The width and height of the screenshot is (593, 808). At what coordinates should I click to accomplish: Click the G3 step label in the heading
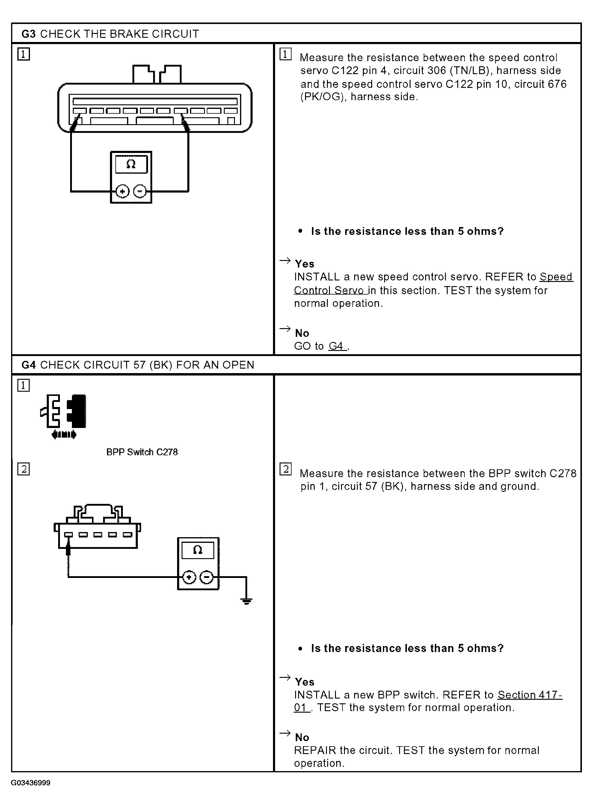(x=28, y=34)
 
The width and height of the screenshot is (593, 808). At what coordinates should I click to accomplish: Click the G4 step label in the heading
(x=28, y=365)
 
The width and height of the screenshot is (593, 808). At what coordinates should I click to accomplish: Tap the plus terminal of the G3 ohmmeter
(x=122, y=191)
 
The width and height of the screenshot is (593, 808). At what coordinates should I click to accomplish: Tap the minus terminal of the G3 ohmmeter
(x=140, y=191)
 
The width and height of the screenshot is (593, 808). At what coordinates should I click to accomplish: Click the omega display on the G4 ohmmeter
(x=198, y=550)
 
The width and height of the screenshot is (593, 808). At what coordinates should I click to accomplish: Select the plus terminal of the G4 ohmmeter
(x=189, y=577)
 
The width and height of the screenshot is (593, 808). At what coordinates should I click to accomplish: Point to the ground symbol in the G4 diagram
(x=246, y=601)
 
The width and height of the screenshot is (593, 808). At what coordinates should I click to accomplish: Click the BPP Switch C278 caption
(x=142, y=452)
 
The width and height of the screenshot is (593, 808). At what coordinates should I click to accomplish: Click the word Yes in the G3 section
(x=304, y=264)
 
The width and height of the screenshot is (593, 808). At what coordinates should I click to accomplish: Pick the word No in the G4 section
(x=302, y=737)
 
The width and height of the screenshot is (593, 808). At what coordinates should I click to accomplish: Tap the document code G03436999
(x=31, y=783)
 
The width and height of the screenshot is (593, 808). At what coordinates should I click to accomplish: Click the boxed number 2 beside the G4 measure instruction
(x=286, y=469)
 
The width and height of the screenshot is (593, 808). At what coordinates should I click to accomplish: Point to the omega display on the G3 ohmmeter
(x=131, y=165)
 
